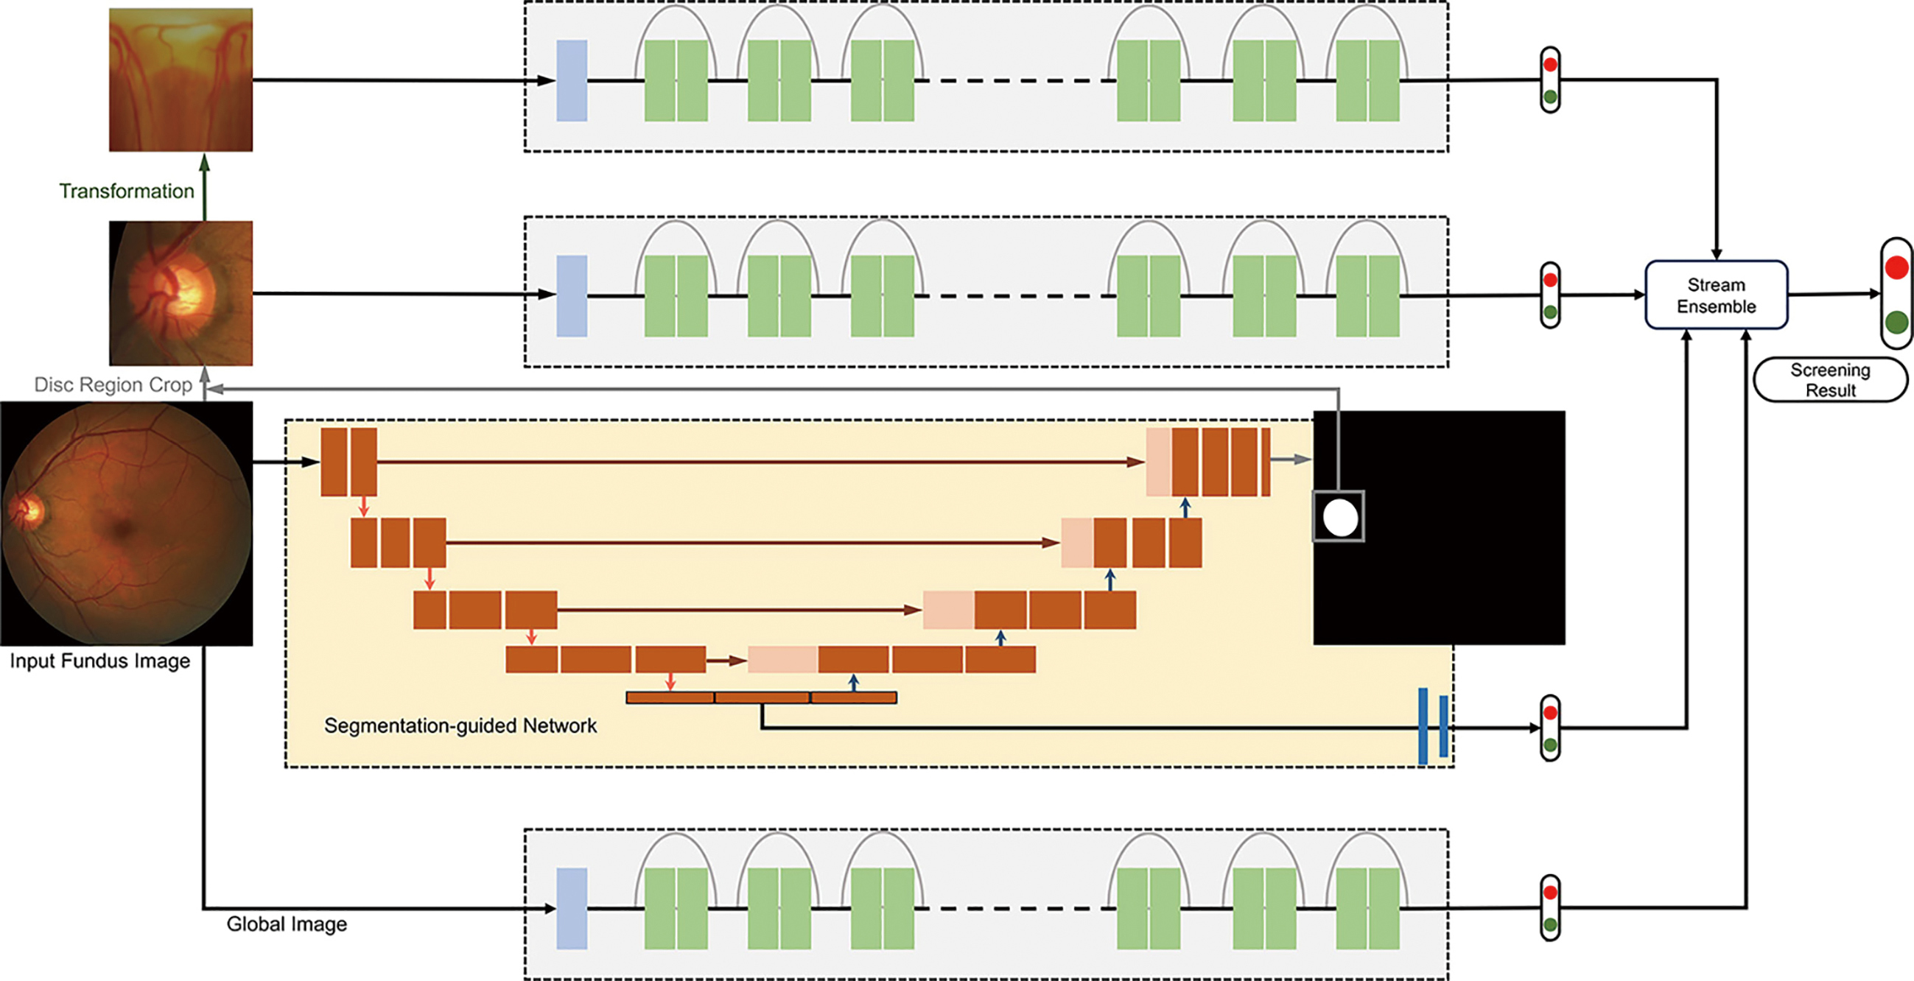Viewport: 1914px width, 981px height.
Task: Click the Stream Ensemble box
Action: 1716,295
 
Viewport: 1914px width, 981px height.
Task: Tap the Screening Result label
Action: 1830,380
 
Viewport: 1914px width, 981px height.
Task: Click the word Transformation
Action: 126,191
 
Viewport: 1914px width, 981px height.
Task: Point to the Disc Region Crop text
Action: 113,384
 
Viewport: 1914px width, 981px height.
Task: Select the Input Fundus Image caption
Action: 99,661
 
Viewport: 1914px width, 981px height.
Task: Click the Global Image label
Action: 287,924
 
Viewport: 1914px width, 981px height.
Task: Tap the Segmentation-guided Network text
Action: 460,725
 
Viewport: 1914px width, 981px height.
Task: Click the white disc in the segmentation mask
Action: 1339,518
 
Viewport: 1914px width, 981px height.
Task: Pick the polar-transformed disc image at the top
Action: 180,80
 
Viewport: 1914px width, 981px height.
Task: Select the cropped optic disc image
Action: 180,292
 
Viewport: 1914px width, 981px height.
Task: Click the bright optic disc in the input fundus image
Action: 27,510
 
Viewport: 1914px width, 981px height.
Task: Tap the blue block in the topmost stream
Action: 572,80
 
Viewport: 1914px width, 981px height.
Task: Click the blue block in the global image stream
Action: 572,908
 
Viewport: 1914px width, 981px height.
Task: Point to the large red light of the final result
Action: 1896,267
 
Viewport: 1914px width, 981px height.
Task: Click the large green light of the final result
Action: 1896,323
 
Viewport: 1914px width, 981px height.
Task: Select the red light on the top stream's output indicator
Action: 1550,65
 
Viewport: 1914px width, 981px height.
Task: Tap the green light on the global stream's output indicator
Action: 1550,924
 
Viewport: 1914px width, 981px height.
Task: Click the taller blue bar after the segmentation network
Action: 1423,726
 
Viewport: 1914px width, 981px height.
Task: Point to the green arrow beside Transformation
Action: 205,186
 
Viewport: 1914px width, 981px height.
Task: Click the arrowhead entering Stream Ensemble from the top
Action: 1717,254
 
